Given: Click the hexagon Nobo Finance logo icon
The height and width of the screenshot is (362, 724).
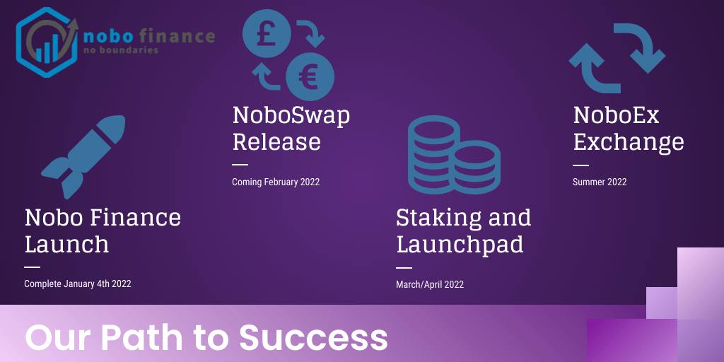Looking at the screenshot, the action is [x=47, y=42].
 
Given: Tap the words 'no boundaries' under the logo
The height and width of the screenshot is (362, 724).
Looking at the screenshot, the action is [x=121, y=50].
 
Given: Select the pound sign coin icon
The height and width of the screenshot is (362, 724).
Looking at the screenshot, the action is [x=267, y=33].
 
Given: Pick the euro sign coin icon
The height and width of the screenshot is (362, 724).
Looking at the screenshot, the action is [x=310, y=76].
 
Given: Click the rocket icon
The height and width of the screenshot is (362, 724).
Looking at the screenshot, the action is [x=83, y=157].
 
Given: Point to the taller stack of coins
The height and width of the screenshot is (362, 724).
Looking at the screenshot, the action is [x=433, y=155].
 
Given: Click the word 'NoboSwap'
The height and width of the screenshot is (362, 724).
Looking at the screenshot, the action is [x=291, y=116].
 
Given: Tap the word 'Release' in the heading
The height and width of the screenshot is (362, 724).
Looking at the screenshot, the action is [x=276, y=141].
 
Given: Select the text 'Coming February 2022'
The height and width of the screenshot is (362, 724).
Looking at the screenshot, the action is [x=276, y=182].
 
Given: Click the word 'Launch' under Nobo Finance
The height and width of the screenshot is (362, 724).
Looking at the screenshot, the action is [x=66, y=244].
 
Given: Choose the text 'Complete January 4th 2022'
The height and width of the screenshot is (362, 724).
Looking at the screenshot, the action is [x=78, y=284].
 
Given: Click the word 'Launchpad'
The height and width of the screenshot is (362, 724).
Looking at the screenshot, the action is [x=460, y=245].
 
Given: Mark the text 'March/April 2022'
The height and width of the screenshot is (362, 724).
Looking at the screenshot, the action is [x=430, y=284].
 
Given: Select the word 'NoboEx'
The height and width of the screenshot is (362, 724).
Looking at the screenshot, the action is [x=616, y=115].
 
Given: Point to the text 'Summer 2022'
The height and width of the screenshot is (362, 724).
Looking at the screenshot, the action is [x=600, y=182].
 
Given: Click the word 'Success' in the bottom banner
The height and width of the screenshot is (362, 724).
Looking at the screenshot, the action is [x=313, y=337].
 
